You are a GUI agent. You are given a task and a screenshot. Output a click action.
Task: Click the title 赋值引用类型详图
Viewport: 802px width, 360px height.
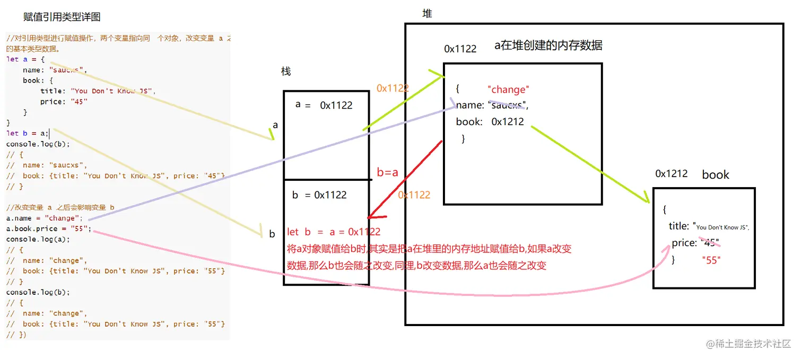pos(62,17)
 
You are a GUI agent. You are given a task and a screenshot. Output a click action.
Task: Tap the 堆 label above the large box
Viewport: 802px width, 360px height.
pos(427,14)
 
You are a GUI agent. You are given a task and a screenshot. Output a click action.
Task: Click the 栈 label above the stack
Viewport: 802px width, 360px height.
pos(286,72)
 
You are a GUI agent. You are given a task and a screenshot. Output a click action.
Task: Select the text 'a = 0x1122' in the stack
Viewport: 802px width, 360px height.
pos(324,105)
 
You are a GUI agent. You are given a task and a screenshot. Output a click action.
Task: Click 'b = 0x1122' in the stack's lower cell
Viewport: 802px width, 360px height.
pos(319,195)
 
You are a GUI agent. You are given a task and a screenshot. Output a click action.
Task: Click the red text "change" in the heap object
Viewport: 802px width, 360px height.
pos(508,90)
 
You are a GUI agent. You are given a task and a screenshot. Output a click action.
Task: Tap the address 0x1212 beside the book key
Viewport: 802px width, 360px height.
pos(508,121)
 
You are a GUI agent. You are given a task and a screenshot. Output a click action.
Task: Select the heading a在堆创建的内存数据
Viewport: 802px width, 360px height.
pos(548,46)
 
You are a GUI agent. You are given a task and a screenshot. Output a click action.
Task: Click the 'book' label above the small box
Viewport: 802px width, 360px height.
pos(716,175)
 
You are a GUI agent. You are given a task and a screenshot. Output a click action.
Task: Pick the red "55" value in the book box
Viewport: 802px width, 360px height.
pos(711,260)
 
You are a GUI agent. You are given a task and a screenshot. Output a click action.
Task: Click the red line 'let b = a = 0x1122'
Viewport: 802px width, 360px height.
pos(334,232)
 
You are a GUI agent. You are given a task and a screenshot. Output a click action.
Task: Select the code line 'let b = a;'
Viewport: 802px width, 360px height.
pos(28,134)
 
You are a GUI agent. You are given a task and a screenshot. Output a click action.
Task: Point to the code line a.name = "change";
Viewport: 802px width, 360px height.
pos(45,218)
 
